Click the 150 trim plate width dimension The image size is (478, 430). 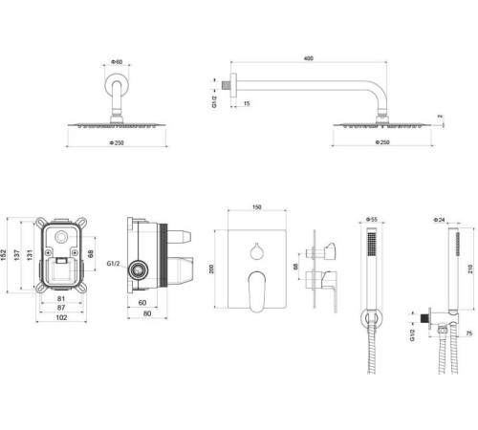coord(256,206)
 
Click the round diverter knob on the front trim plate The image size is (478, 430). coord(255,250)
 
